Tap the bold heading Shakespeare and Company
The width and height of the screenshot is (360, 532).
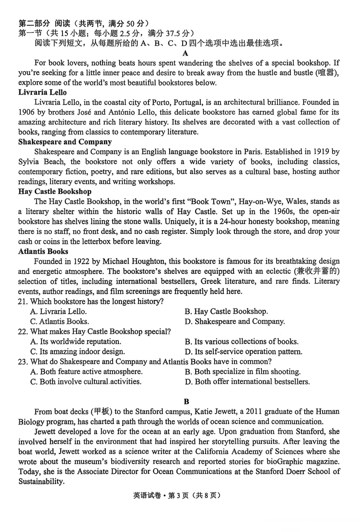[x=65, y=142]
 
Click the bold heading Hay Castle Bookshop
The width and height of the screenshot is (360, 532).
[x=55, y=192]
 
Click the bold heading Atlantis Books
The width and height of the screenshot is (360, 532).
[x=43, y=251]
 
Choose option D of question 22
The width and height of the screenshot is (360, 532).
[x=243, y=352]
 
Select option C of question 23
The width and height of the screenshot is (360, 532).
[x=85, y=381]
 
